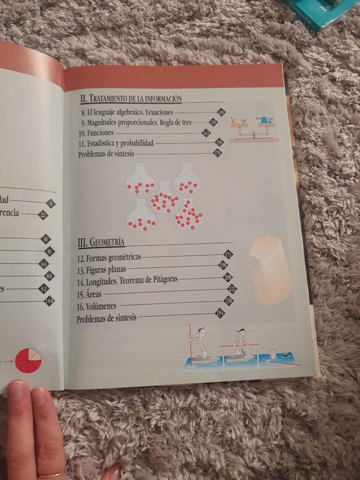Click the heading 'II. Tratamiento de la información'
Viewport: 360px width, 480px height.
(131, 98)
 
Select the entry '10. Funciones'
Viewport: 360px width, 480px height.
(93, 133)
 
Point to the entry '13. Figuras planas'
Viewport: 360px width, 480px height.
(102, 268)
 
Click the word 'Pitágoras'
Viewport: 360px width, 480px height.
(159, 280)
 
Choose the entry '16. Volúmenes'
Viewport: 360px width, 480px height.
(97, 306)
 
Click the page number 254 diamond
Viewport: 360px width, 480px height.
(220, 314)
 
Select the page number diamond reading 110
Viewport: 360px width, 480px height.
(221, 112)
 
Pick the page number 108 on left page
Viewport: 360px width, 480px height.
(49, 301)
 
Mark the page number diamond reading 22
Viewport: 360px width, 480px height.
(43, 214)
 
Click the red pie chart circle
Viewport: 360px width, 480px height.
(29, 360)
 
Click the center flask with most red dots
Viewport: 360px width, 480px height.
(165, 198)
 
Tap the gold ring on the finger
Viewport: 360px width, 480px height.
(52, 474)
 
